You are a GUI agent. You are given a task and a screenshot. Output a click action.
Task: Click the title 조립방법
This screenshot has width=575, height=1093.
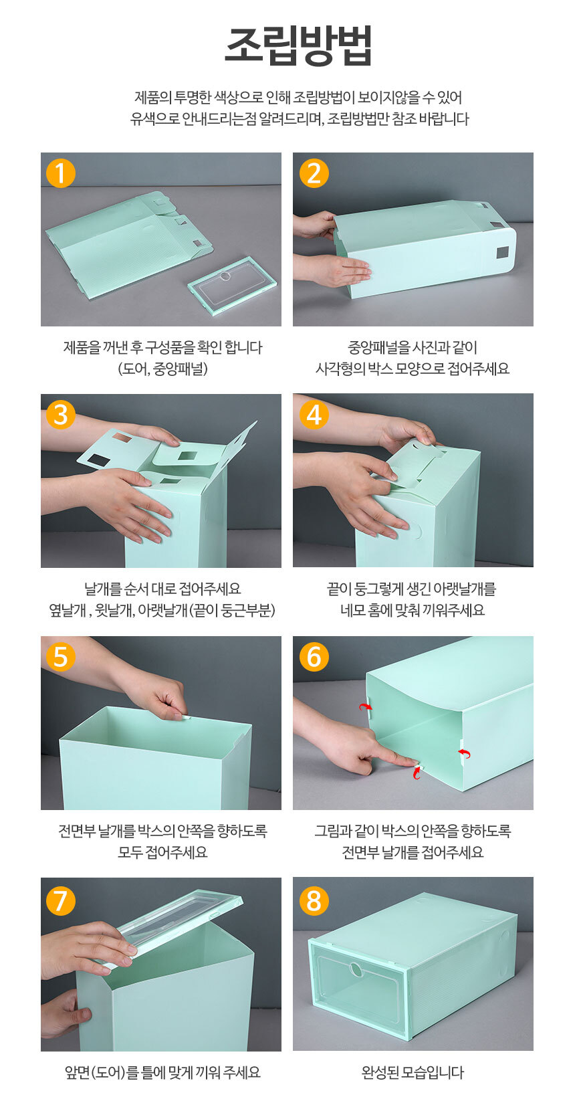pos(298,45)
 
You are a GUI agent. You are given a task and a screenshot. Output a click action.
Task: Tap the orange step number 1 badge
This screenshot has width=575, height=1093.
pos(60,173)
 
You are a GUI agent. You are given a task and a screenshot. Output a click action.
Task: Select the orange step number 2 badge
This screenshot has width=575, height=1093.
pos(314,173)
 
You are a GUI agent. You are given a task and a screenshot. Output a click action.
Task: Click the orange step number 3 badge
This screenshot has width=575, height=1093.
pos(60,415)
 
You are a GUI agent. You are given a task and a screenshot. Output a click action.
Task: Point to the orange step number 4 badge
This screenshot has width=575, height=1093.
pos(314,415)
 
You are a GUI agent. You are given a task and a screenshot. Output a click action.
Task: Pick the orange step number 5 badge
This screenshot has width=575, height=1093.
pos(60,656)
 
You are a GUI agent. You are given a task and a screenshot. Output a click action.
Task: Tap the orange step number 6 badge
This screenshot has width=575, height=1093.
pos(314,656)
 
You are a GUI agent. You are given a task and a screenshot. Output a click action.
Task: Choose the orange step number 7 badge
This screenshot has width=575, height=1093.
pos(60,899)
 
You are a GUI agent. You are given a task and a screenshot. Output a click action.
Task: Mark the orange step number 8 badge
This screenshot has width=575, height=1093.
pos(314,899)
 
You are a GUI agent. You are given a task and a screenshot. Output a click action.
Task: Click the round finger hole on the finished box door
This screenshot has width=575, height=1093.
pos(356,969)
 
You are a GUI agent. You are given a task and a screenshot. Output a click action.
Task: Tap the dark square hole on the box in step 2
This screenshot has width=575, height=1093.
pos(502,252)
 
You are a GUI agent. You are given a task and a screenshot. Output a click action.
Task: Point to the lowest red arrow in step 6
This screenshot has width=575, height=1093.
pos(417,772)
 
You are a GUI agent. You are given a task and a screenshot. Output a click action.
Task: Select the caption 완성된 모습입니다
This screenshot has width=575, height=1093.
pos(413,1072)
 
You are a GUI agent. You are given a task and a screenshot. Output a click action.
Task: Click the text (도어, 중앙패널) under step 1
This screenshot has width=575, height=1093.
pos(163,369)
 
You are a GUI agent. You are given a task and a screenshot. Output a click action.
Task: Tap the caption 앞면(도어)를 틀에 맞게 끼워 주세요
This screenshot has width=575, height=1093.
pos(162,1072)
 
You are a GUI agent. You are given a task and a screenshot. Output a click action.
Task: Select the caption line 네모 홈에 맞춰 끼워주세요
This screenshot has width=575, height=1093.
pos(413,610)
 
